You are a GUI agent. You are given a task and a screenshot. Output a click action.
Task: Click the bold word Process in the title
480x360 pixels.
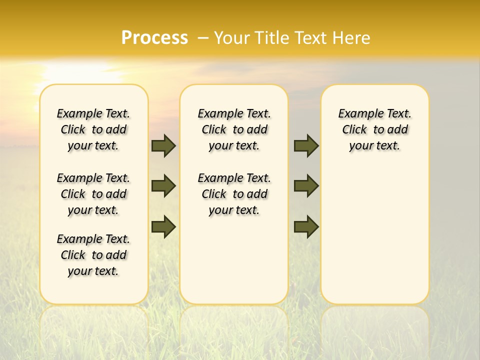154,38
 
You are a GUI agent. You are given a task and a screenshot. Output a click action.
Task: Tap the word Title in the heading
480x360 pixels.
270,38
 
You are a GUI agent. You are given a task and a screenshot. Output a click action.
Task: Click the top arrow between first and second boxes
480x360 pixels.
163,145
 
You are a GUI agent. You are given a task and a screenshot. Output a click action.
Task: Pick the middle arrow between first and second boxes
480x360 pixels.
163,186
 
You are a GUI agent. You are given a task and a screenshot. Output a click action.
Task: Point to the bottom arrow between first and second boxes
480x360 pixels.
163,227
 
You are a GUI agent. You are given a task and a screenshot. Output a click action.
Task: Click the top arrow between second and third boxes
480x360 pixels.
306,145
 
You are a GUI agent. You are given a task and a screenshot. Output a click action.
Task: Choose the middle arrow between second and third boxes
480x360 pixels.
306,186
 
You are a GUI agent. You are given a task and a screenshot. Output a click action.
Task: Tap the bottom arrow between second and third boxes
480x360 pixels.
306,227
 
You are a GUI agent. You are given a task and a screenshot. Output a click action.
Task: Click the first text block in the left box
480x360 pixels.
93,129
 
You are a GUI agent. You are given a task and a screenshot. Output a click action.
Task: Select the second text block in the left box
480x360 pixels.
93,194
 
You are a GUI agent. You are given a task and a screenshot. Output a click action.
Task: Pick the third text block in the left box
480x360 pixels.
93,255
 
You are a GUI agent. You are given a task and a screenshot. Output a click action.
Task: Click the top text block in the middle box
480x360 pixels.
234,129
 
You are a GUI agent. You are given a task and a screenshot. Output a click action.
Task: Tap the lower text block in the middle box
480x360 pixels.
234,194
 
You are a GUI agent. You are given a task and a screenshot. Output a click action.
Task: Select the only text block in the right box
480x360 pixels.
374,129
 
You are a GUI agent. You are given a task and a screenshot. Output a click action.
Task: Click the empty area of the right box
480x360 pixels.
374,230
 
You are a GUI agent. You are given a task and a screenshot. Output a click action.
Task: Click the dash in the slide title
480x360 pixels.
203,38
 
